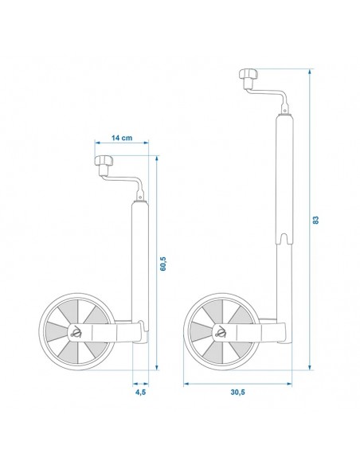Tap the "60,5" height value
pyautogui.click(x=163, y=264)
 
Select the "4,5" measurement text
pyautogui.click(x=139, y=391)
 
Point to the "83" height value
pyautogui.click(x=316, y=220)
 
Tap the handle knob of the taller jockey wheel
pyautogui.click(x=247, y=76)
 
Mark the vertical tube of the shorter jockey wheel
pyautogui.click(x=139, y=255)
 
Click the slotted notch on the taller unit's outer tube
pyautogui.click(x=284, y=237)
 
